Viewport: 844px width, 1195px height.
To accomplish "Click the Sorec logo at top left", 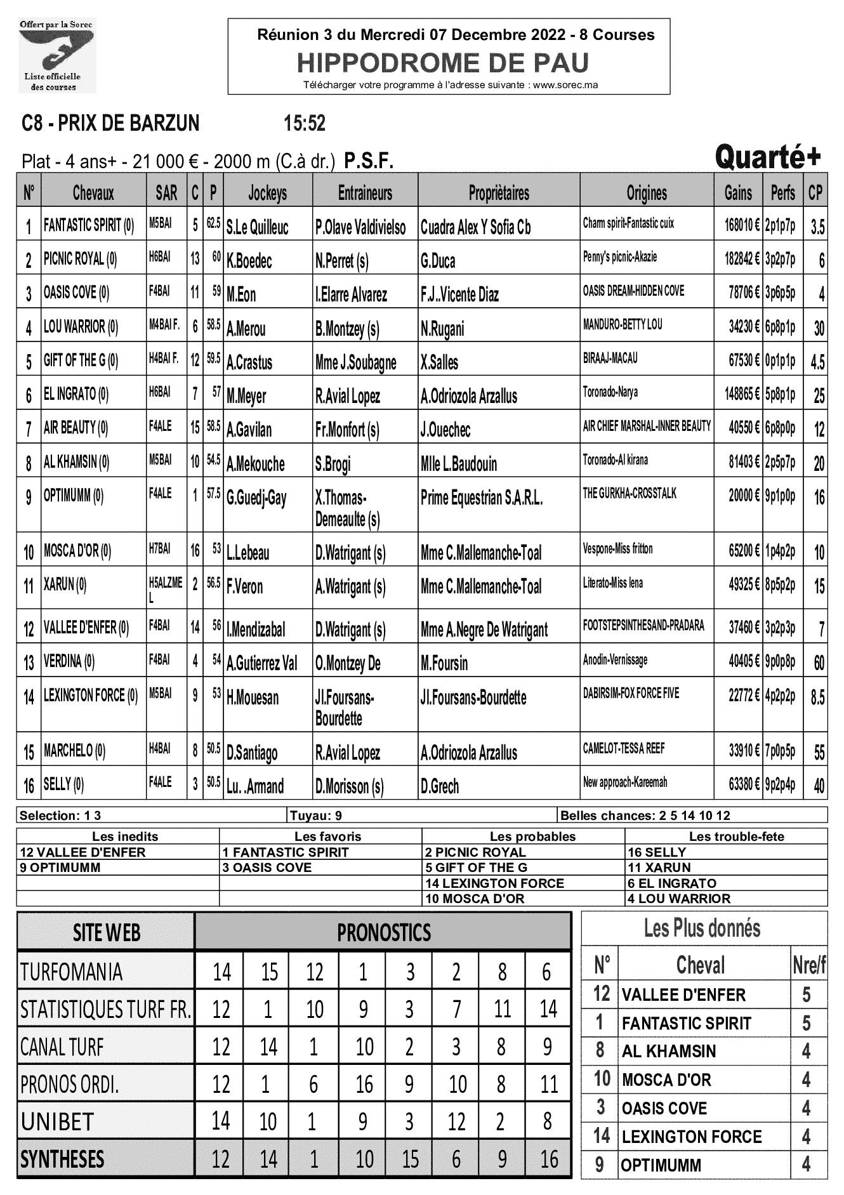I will pos(57,56).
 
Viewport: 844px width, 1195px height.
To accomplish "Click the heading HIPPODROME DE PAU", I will pos(443,63).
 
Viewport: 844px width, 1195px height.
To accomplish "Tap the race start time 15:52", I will pos(305,123).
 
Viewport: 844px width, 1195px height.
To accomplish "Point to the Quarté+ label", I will pos(768,157).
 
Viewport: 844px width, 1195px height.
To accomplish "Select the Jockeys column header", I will pos(267,193).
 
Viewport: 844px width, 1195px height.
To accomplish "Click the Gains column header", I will pos(737,193).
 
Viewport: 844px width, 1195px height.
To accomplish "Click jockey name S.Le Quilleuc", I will pos(257,227).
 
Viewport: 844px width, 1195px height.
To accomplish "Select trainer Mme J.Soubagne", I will pos(355,362).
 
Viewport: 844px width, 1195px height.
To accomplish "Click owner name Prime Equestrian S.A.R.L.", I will pos(482,498).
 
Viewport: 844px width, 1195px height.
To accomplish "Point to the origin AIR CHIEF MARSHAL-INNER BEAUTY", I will pos(647,426).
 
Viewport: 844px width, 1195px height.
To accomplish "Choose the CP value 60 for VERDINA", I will pos(819,663).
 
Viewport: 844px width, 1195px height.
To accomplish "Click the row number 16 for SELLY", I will pos(29,786).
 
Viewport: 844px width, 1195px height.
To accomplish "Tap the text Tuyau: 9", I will pos(316,815).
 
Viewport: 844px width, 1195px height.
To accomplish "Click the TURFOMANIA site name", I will pos(71,972).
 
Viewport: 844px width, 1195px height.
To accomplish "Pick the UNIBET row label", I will pos(57,1122).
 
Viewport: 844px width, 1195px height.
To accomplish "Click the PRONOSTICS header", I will pos(384,932).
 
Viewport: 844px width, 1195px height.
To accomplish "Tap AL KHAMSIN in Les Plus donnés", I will pos(669,1051).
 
